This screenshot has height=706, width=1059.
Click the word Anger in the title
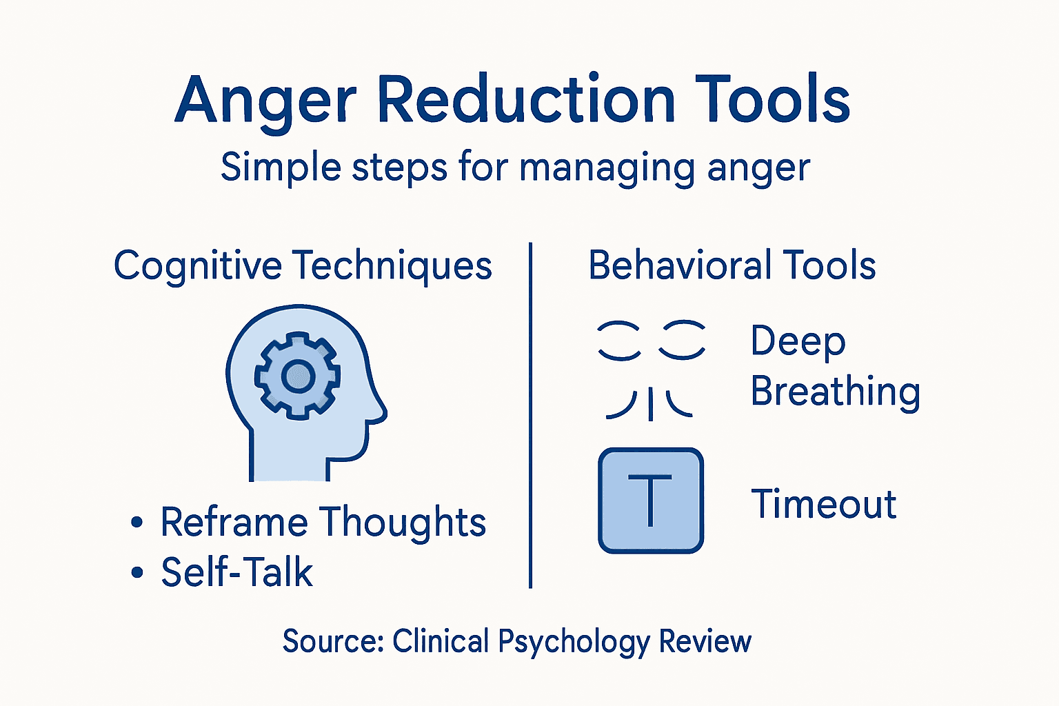coord(265,100)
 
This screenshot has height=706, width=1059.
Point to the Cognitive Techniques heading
coord(303,265)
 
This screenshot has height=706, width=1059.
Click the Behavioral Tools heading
coord(732,265)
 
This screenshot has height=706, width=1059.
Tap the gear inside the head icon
coord(297,376)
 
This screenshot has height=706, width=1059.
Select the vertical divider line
coord(530,414)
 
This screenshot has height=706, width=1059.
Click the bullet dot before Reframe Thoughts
coord(137,523)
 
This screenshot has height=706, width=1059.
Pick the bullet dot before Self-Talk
coord(137,572)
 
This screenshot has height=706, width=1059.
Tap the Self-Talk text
coord(237,572)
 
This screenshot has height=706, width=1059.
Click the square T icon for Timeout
coord(651,501)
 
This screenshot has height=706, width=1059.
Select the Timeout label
coord(823,504)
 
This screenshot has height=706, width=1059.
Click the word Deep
coord(798,341)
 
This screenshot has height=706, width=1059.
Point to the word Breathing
coord(835,392)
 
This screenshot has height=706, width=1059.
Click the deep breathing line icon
coord(651,369)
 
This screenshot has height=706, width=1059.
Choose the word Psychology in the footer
coord(574,641)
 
